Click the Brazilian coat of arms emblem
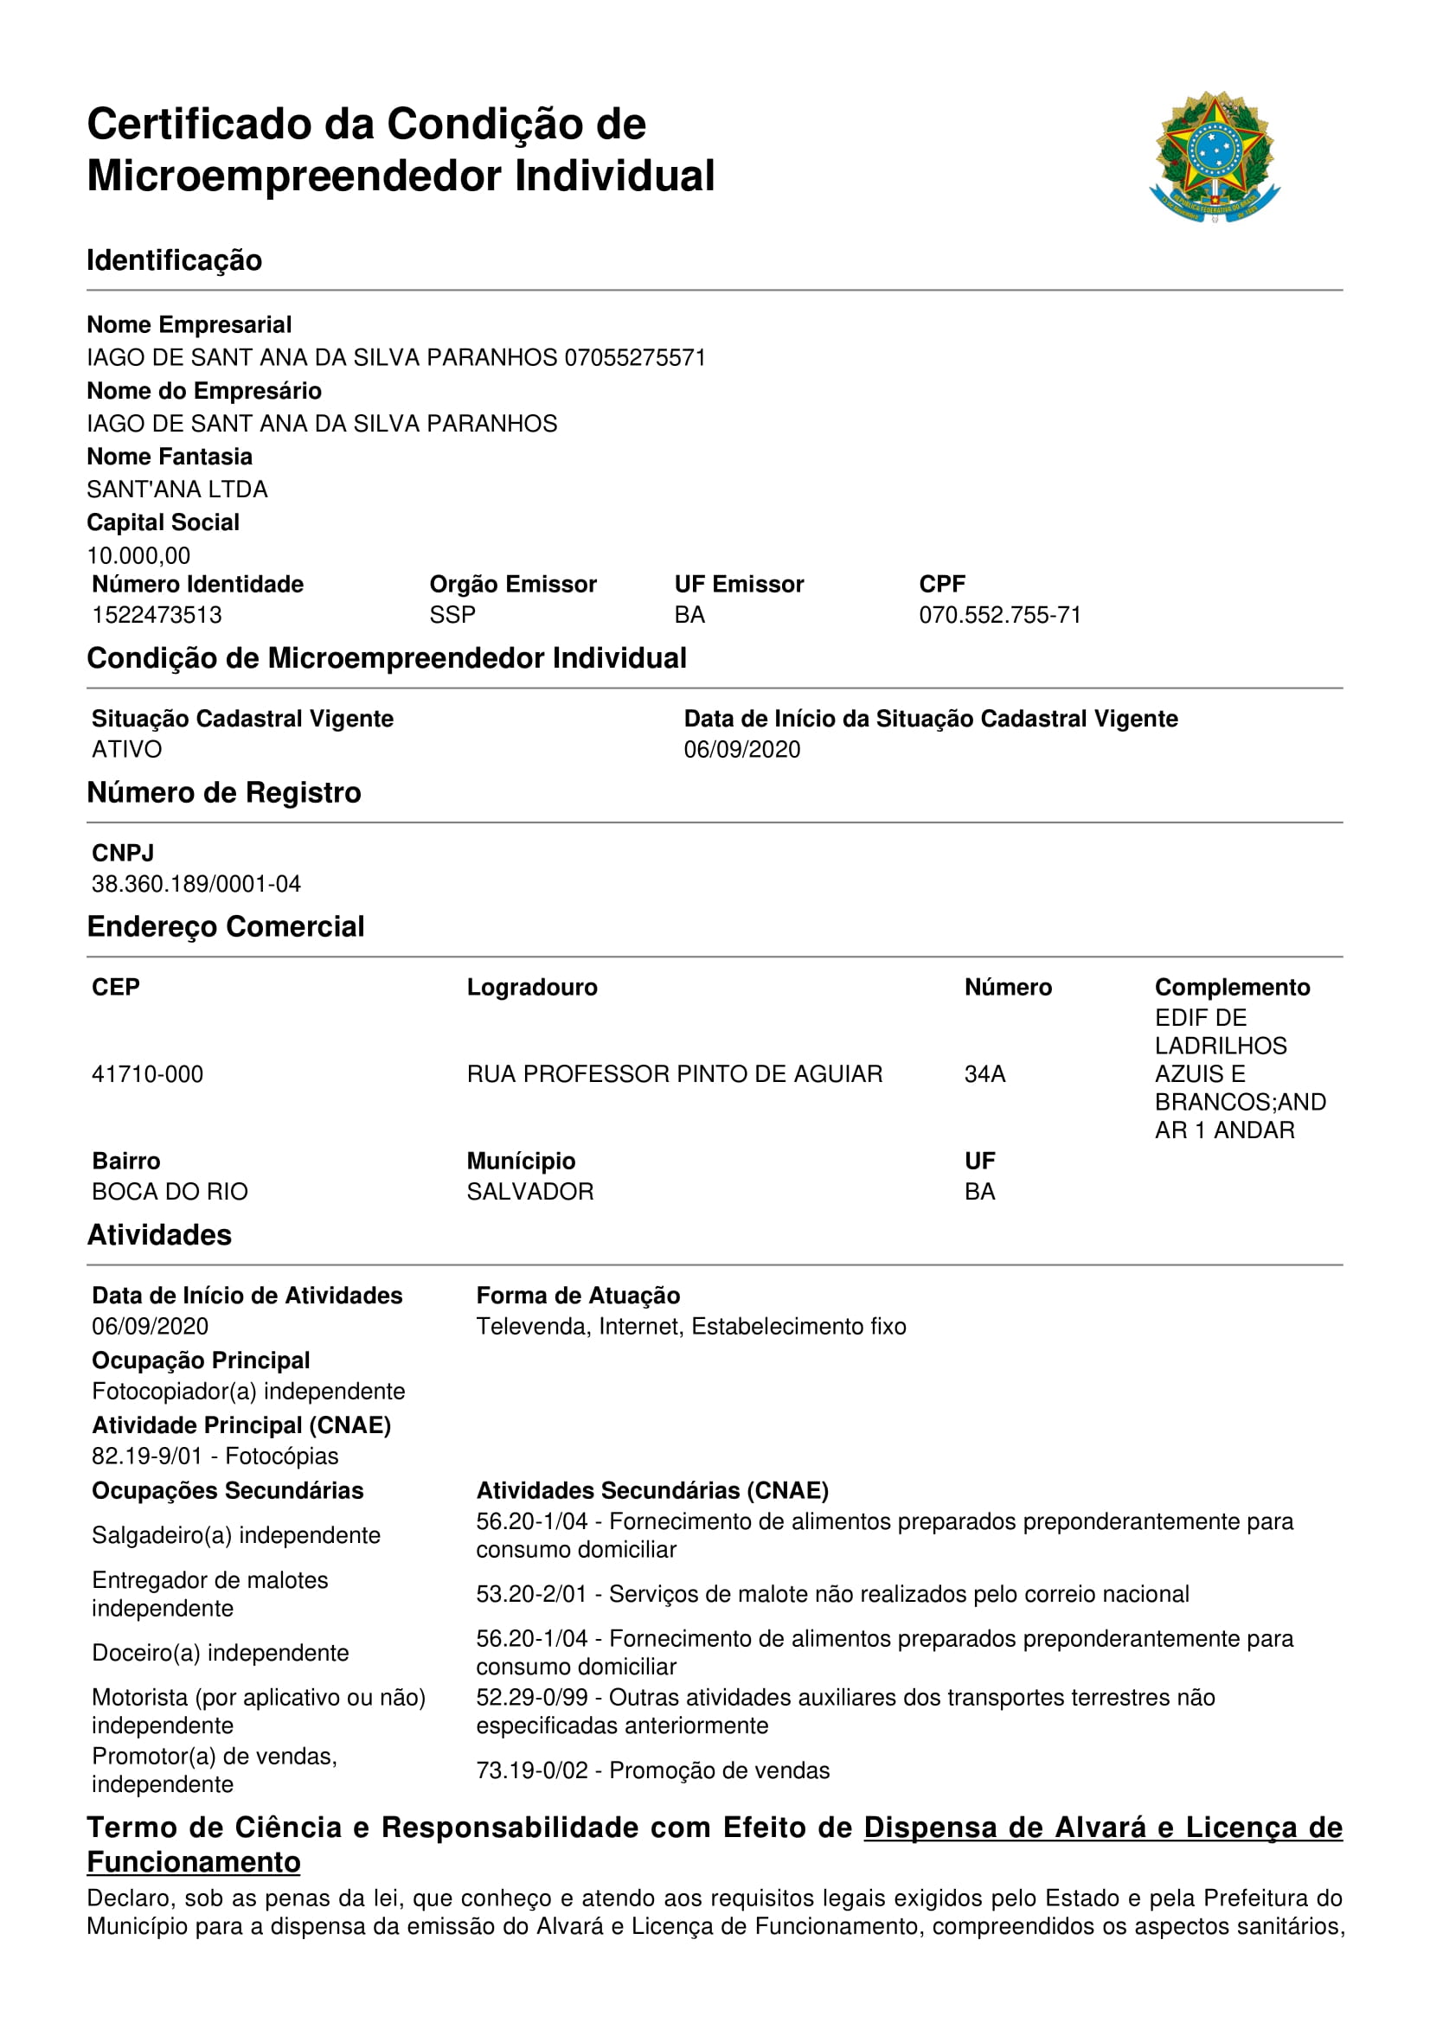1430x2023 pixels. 1214,157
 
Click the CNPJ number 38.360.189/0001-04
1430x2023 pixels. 196,883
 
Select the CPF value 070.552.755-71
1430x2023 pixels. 999,614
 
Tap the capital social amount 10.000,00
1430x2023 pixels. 138,555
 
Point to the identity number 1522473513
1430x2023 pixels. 157,614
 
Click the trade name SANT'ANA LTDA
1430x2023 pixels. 177,489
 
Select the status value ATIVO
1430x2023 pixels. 127,749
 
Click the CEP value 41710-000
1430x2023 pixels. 147,1073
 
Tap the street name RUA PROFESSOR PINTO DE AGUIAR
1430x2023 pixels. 674,1073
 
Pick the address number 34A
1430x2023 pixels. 984,1073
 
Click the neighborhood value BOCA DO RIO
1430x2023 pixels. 170,1191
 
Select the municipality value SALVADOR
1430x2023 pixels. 529,1191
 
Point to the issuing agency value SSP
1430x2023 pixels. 452,614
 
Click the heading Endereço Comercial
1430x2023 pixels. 226,926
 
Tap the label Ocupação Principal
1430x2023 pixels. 201,1360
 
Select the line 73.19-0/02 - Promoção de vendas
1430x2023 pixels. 652,1770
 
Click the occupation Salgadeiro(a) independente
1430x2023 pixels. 236,1535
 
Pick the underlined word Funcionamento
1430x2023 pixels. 193,1862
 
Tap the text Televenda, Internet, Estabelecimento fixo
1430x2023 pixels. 690,1326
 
